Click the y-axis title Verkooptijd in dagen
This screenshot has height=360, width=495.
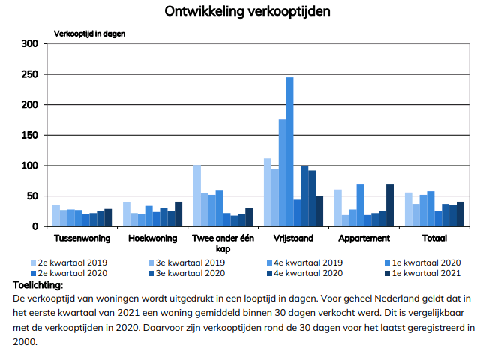coord(88,34)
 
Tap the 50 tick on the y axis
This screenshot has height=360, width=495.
coord(31,196)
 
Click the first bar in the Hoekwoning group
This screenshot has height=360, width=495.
coord(127,214)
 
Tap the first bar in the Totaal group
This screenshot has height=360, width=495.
coord(409,209)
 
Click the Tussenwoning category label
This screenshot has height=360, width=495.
coord(82,238)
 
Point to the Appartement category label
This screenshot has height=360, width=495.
coord(364,238)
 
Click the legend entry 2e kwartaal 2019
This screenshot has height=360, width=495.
coord(72,262)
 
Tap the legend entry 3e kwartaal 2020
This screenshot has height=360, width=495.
coord(191,273)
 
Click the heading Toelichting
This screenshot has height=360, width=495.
coord(38,284)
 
